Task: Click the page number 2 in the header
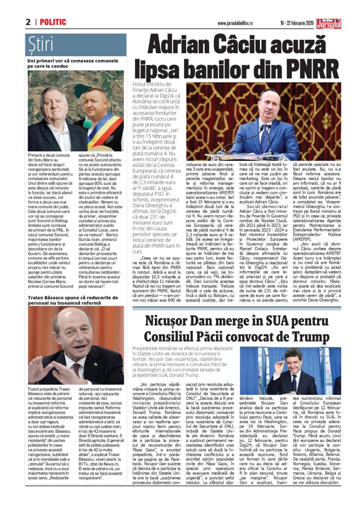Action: point(28,22)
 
